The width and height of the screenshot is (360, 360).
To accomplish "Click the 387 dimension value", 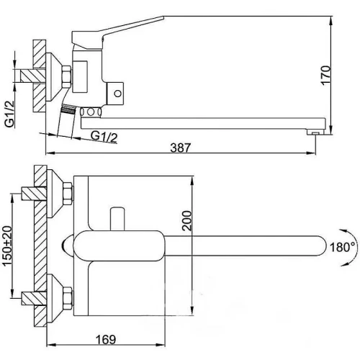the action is (x=181, y=148).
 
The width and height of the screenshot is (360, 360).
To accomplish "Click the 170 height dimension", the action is (x=325, y=74).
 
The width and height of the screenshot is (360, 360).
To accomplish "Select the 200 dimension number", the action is (x=187, y=220).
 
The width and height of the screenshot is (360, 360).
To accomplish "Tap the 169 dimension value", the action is (x=106, y=339).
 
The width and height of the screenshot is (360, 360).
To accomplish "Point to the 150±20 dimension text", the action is (x=7, y=246).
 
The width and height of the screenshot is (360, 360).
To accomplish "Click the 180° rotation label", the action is (x=343, y=247).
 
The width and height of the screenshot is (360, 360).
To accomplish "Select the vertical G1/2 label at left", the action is (x=10, y=114).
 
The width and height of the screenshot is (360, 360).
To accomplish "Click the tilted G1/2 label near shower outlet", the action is (x=104, y=137).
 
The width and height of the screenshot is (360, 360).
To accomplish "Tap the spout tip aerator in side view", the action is (x=315, y=132).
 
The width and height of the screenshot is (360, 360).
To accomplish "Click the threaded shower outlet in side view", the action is (x=68, y=109).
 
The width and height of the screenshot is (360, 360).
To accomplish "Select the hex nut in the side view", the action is (x=67, y=76).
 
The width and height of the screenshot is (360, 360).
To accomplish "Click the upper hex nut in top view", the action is (x=68, y=194).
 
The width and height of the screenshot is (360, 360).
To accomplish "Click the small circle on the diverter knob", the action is (x=117, y=94).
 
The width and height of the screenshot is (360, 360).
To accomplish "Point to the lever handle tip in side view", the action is (x=163, y=17).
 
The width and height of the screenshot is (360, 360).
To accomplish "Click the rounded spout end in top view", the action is (x=322, y=246).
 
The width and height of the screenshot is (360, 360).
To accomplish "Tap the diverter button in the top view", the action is (x=117, y=219).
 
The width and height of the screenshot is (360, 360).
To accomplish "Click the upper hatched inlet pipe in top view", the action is (x=34, y=194).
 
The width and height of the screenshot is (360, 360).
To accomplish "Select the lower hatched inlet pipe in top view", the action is (x=34, y=298).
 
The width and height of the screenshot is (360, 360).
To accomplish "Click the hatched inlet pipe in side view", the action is (x=32, y=76).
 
